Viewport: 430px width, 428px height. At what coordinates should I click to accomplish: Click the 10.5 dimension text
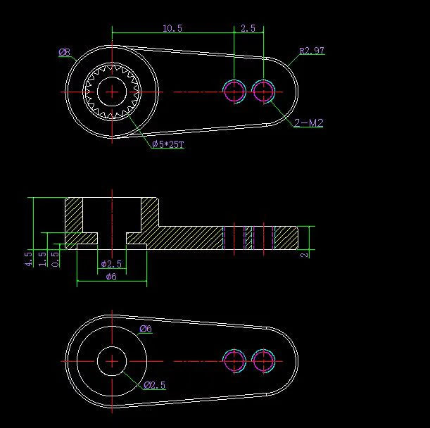172,28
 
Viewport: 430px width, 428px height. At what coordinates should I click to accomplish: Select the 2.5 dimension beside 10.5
248,28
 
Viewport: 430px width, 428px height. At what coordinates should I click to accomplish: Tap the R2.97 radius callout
312,51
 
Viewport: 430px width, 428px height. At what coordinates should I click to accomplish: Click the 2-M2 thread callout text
309,123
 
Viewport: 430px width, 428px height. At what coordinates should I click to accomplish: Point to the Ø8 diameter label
64,51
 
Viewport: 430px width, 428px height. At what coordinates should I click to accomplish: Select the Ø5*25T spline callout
168,144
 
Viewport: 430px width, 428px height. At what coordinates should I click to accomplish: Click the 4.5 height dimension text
28,258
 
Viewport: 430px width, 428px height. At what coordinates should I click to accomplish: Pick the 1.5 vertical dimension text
42,258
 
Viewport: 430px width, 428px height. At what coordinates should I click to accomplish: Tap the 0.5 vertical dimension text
56,258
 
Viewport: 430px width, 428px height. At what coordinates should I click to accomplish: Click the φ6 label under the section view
110,277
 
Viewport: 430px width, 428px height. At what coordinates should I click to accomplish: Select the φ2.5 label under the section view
110,264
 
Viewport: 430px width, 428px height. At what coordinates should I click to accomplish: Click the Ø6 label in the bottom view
146,329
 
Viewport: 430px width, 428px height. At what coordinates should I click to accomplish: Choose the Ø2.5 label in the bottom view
154,385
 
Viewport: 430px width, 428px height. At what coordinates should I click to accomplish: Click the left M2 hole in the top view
234,92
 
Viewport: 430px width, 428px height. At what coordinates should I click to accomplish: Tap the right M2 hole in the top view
263,92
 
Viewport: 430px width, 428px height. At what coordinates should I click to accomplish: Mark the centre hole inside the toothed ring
111,92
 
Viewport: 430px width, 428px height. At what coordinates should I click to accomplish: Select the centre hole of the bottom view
111,360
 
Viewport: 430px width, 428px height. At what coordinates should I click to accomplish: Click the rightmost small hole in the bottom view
263,360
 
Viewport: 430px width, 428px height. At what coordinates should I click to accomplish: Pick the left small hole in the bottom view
234,360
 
